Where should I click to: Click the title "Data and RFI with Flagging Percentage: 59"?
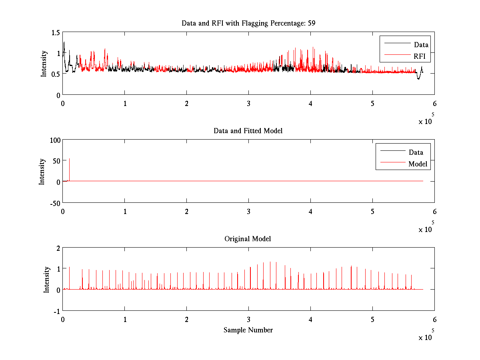[x=248, y=23]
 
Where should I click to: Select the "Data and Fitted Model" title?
[x=248, y=131]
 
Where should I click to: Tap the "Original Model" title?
[x=248, y=239]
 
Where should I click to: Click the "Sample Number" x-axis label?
[x=248, y=330]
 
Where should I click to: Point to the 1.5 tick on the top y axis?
[x=56, y=32]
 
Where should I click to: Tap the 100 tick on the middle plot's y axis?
[x=55, y=140]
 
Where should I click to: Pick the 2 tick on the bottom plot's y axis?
[x=58, y=248]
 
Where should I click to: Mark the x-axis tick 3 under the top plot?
[x=249, y=103]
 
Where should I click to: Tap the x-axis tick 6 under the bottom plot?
[x=434, y=320]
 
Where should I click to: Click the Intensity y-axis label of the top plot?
[x=44, y=63]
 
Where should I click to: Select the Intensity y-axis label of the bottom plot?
[x=47, y=279]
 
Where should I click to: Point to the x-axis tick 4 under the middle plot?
[x=311, y=211]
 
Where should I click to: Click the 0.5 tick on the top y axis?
[x=56, y=74]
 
